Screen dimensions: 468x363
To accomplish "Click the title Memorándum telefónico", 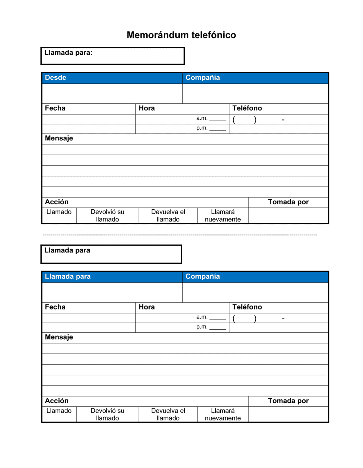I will (181, 35).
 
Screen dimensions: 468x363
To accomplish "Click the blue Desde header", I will (56, 78).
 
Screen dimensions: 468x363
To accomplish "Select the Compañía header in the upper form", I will (203, 78).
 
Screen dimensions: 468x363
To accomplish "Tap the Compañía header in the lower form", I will (203, 276).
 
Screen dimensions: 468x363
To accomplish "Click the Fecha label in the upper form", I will (55, 108).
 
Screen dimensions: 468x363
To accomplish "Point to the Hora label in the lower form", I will (147, 307).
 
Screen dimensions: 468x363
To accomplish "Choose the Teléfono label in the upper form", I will (247, 108).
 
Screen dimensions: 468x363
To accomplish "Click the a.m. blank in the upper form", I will (217, 119).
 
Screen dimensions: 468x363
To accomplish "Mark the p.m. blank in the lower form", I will (217, 328).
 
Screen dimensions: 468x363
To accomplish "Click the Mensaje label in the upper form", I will (59, 138).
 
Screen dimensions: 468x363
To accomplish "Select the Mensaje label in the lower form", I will (59, 337).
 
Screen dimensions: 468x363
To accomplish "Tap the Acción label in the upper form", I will (57, 202).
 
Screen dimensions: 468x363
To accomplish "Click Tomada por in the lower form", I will (288, 401).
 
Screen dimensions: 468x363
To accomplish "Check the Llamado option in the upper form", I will (59, 212).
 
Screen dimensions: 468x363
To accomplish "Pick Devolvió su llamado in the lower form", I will (107, 414).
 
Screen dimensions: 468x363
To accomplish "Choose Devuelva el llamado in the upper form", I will (168, 215).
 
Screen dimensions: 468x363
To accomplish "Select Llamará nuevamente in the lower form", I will (223, 414).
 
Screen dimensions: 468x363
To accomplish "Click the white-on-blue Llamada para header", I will (68, 276).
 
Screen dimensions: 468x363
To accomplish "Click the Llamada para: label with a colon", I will (68, 53).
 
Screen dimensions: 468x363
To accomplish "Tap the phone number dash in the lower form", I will (283, 319).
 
